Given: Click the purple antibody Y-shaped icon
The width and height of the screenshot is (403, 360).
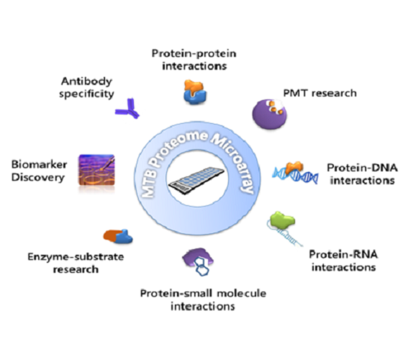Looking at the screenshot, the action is click(128, 109).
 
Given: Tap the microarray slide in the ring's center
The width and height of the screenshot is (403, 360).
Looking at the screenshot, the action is click(196, 181).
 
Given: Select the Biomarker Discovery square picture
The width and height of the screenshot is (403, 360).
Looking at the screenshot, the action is click(96, 170).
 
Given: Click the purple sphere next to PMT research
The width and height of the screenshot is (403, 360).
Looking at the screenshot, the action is click(269, 114).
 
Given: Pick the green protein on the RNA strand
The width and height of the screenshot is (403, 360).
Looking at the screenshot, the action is click(282, 220).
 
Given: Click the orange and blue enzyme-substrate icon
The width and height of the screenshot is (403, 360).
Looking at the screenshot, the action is click(118, 236).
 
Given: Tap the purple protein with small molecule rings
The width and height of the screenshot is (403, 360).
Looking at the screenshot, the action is click(198, 261).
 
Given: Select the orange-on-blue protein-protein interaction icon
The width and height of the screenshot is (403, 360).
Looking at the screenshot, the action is click(195, 92).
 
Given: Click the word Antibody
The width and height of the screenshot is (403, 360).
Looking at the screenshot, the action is click(86, 81).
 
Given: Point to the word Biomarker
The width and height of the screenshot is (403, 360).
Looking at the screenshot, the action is click(39, 165).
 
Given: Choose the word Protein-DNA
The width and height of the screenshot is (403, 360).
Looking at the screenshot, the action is click(362, 168).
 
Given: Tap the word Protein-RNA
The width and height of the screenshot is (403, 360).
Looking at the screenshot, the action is click(343, 254).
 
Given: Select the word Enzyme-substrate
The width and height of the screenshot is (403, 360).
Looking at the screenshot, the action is click(76, 257).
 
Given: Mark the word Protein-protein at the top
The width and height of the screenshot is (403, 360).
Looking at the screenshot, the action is click(194, 54).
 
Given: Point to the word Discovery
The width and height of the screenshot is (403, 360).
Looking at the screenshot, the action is click(37, 178).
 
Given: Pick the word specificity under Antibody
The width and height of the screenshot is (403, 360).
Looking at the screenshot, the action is click(86, 94).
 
